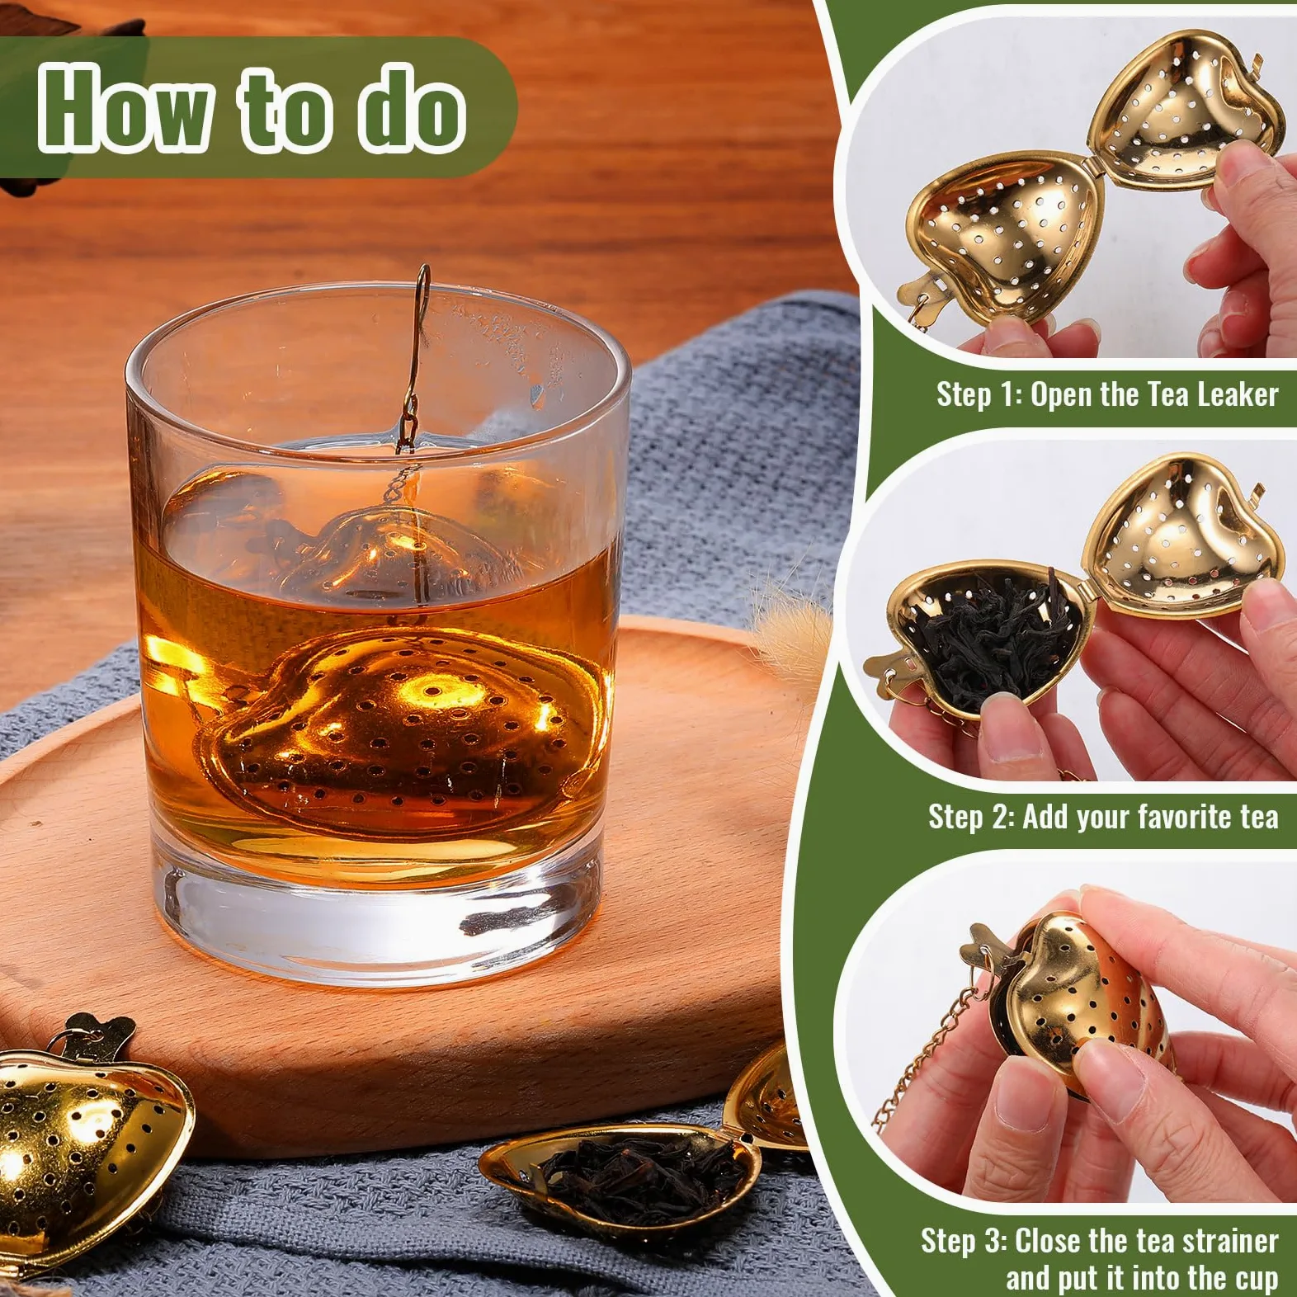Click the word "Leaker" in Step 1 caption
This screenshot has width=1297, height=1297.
[x=1238, y=394]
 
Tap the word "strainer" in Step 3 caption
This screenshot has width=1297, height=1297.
[x=1229, y=1240]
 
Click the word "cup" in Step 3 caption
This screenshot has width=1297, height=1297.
[x=1256, y=1279]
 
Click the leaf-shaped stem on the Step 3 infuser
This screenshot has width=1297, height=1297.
[x=990, y=949]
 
